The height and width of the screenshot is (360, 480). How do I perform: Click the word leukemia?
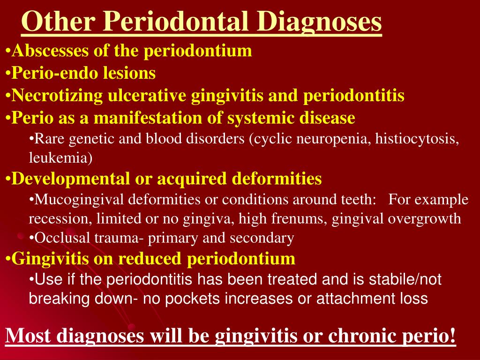pyautogui.click(x=61, y=158)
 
